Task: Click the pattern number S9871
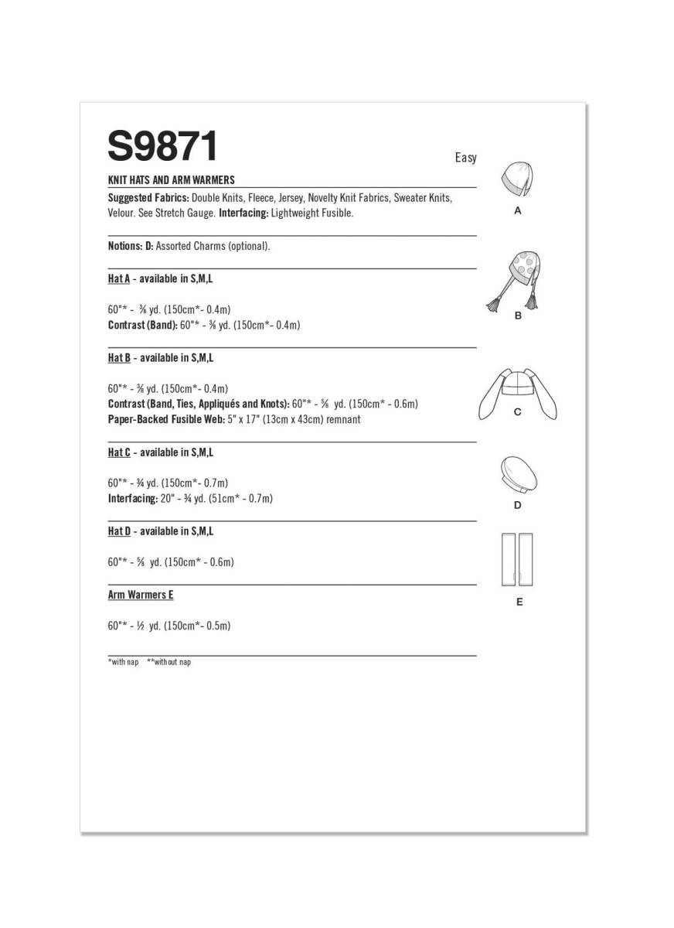click(x=163, y=146)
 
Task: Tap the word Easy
click(x=465, y=158)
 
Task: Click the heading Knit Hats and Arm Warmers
click(x=171, y=179)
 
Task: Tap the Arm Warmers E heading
click(x=141, y=595)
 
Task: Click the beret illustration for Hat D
click(x=517, y=473)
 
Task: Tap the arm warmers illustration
click(x=517, y=560)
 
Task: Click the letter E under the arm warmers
click(x=519, y=602)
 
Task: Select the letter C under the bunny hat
click(x=518, y=412)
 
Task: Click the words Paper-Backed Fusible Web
click(x=161, y=420)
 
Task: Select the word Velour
click(x=122, y=213)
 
